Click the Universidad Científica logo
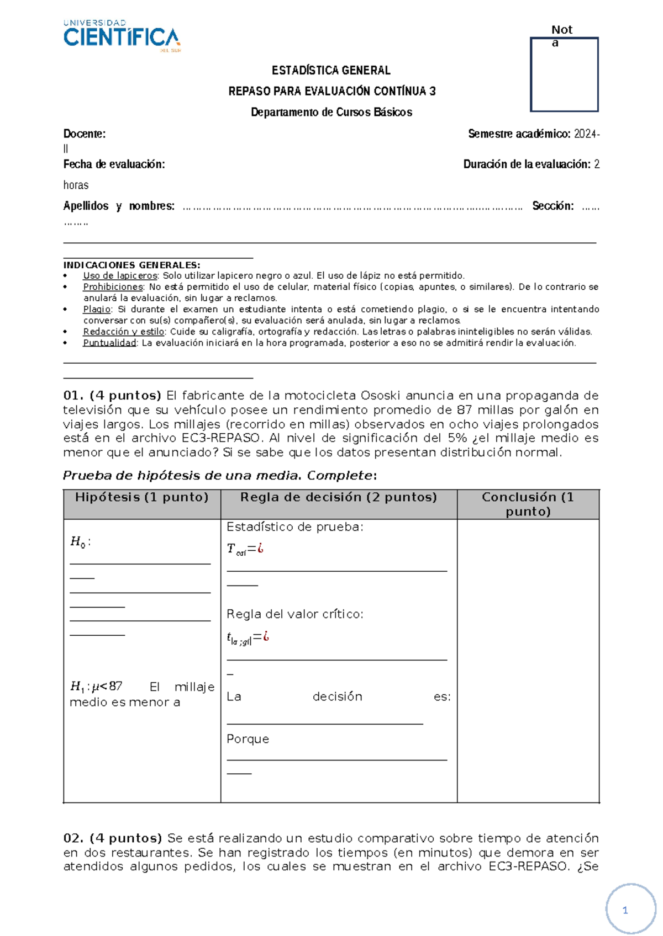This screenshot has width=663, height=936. click(122, 36)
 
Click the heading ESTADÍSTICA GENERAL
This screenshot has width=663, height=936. click(331, 70)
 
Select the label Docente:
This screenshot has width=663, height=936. click(84, 134)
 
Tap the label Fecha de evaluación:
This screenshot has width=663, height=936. click(114, 164)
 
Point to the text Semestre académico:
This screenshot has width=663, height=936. click(519, 134)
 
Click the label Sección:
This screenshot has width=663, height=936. click(552, 206)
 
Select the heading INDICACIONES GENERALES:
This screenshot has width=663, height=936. click(131, 265)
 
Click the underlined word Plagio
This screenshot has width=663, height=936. click(97, 309)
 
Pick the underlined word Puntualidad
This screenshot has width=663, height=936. click(109, 343)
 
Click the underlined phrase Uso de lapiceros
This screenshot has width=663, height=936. click(120, 275)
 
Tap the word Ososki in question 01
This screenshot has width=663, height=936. click(381, 395)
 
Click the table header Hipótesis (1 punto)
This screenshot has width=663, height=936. click(141, 497)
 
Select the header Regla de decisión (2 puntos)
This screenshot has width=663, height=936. click(338, 497)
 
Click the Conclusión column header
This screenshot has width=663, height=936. click(528, 503)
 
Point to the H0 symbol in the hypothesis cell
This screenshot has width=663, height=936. click(78, 541)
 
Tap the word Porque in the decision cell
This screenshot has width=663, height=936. click(248, 738)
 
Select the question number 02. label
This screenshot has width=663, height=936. click(73, 838)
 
